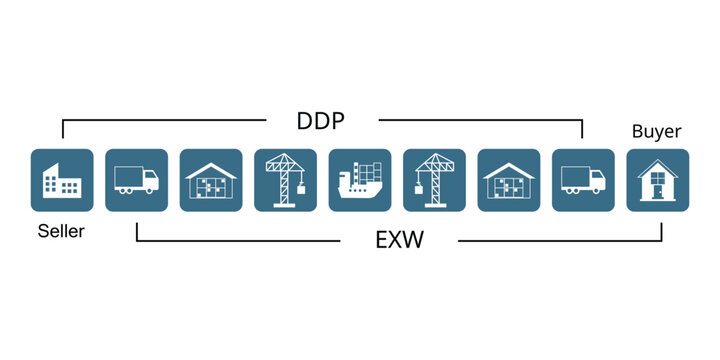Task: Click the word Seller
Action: [x=61, y=232]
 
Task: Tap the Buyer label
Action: [x=657, y=131]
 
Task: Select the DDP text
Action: [x=322, y=121]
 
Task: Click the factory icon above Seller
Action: [x=62, y=180]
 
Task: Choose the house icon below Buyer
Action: [x=657, y=180]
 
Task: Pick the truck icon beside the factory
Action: [x=136, y=180]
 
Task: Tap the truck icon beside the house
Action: [x=583, y=180]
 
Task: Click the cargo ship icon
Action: [x=360, y=180]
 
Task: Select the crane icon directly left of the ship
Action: [x=285, y=180]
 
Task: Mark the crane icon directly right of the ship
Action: [x=434, y=180]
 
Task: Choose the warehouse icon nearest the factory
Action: [x=211, y=180]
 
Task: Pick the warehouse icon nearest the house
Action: [x=508, y=180]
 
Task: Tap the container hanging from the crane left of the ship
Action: [x=298, y=187]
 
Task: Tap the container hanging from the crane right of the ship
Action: [x=421, y=187]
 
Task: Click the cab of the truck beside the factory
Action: [x=150, y=181]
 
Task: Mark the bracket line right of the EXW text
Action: [x=560, y=240]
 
